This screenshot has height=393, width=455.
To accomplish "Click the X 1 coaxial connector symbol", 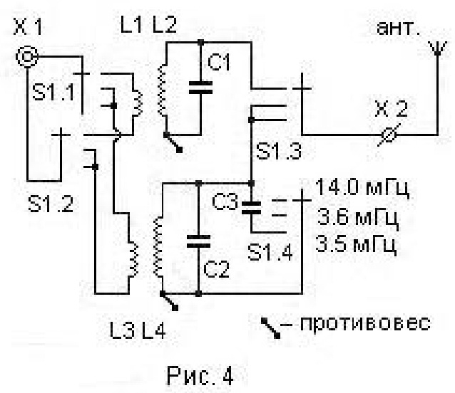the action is [x=26, y=57].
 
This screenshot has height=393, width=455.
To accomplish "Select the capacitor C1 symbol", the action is [x=200, y=88].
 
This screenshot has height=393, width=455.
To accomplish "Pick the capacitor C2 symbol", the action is [x=198, y=241].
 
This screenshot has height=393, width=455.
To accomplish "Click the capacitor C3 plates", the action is [x=251, y=208].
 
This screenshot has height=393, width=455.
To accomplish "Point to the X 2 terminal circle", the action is [x=389, y=135].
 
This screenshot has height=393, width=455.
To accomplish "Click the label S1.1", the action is [x=53, y=92].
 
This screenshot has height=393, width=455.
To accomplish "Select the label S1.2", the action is [x=51, y=204].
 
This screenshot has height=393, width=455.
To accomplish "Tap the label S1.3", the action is [x=278, y=151].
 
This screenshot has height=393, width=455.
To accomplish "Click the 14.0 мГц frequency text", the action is [x=362, y=188].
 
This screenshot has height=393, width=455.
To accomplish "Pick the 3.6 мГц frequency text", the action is [x=357, y=217].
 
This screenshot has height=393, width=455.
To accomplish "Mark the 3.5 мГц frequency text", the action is [x=356, y=244].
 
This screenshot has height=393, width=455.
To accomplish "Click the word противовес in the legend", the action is [x=365, y=323].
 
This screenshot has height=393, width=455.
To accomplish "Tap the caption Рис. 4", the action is [x=200, y=376].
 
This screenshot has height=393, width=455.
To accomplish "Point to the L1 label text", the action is [x=131, y=25].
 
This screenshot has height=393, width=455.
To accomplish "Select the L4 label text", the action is [x=154, y=330].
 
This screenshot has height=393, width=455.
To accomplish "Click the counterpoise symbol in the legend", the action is [x=271, y=328].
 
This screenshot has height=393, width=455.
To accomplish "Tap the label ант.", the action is [x=397, y=28].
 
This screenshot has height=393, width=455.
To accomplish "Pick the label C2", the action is [x=216, y=269].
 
